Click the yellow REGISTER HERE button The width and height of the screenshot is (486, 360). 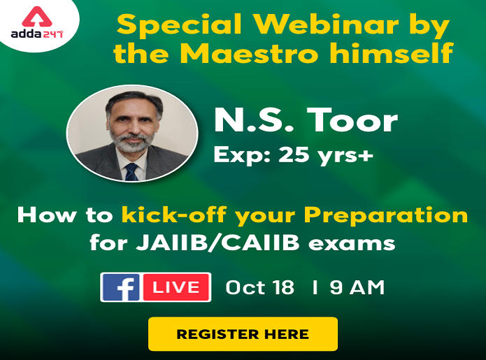pos(243,333)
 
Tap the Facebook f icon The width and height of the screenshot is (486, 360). pos(121,287)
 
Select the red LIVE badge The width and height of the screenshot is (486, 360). pos(176,287)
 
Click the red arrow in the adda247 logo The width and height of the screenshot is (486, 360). pos(37,17)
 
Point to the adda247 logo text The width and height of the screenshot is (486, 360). pos(37,34)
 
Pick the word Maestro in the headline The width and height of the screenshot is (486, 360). pos(249,53)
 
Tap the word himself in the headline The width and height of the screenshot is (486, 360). pos(391,52)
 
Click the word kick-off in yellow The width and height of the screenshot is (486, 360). pos(174,215)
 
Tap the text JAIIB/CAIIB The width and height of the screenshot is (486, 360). pos(218,243)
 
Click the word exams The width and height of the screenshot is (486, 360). pos(352,243)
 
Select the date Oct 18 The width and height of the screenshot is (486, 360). pos(259,287)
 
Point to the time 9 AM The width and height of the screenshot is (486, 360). pos(357,287)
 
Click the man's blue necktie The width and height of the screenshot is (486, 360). pos(131,172)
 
